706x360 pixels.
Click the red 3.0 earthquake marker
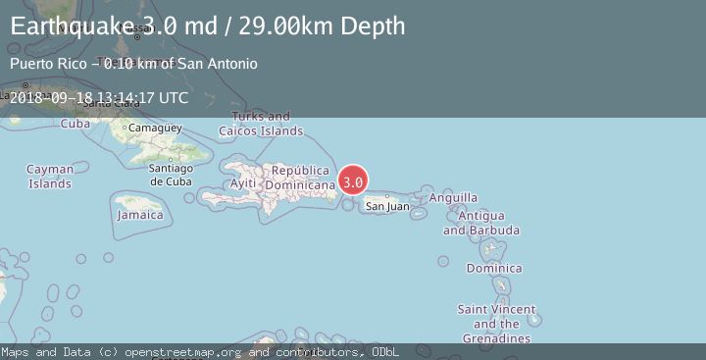[353, 181]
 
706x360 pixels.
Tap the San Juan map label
[387, 206]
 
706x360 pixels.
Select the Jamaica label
[139, 214]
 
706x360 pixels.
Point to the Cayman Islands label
[49, 177]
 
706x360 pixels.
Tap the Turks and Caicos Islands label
[261, 124]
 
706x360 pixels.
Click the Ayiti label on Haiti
[242, 183]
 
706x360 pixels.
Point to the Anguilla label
[454, 197]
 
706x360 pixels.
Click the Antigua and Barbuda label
[480, 223]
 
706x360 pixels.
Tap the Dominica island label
[494, 268]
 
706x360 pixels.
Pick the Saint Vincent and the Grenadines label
[496, 324]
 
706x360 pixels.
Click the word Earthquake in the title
[70, 26]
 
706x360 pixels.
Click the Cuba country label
[76, 124]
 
